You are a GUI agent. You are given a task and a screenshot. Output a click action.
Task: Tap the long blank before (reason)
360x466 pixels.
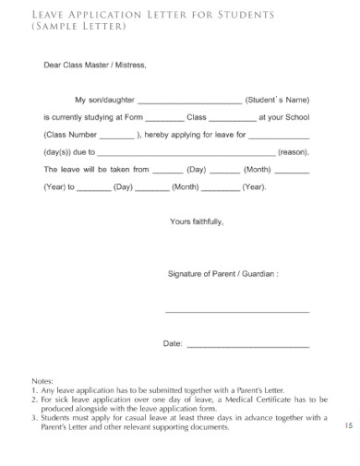[186, 154]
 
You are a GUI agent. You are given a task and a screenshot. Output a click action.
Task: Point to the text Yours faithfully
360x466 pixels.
[197, 222]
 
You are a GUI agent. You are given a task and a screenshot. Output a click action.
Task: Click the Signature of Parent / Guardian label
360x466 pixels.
[222, 274]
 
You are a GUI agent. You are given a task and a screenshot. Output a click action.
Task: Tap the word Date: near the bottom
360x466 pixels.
[173, 344]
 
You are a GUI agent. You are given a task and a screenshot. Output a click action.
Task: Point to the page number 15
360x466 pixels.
[347, 425]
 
